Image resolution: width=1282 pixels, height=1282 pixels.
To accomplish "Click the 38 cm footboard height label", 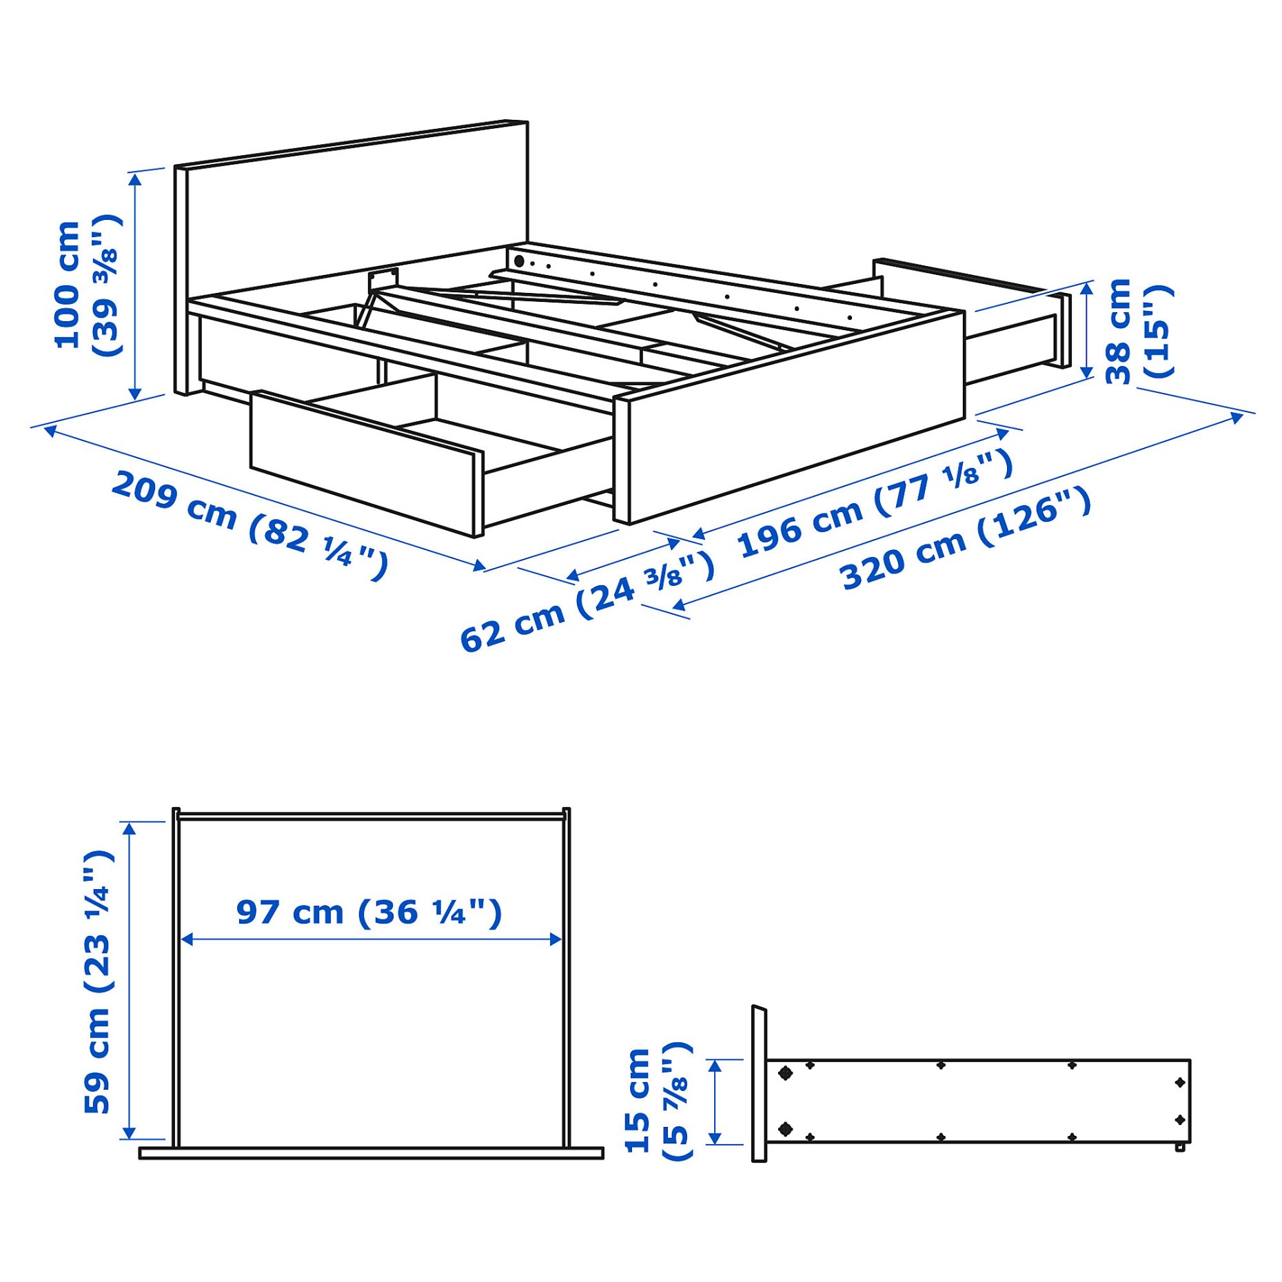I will pos(1137,331).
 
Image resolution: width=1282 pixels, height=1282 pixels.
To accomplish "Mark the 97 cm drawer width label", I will pos(369,913).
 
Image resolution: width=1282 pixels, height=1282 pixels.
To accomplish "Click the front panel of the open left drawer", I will pos(362,462).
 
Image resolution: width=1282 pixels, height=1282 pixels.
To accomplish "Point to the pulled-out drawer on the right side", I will pos(1013,324).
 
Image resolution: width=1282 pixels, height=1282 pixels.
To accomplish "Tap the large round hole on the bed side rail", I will pos(519,261).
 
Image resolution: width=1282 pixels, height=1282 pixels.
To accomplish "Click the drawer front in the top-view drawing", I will pos(371,1153).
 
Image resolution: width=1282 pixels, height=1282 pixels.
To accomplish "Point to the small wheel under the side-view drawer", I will pos(1179,1148).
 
